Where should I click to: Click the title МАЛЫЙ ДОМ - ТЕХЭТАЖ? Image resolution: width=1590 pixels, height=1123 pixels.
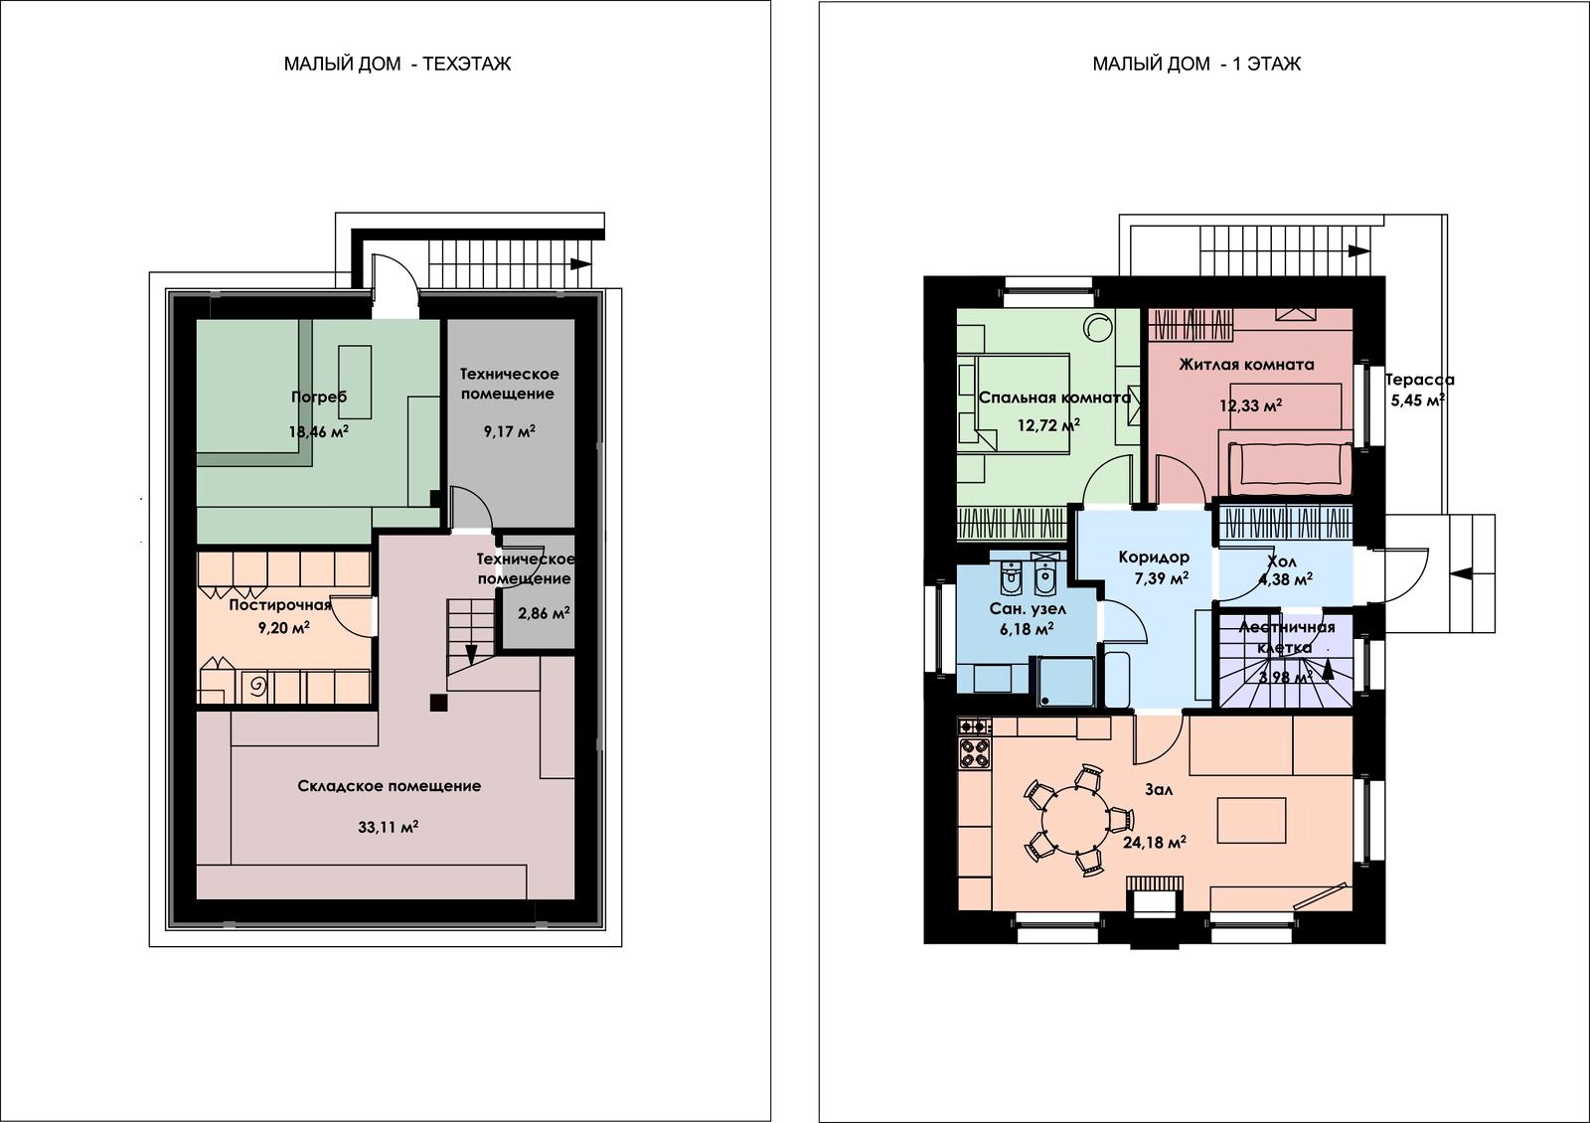(397, 64)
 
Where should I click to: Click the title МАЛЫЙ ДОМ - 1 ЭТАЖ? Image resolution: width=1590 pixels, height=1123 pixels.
(1196, 64)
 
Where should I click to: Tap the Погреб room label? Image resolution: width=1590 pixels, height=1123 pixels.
(319, 397)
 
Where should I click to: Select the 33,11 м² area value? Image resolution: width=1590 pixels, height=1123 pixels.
(388, 826)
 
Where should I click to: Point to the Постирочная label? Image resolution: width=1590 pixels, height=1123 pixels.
(279, 605)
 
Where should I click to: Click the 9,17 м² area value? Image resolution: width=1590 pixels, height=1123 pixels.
(509, 431)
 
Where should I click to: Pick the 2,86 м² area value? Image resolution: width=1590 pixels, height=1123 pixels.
(543, 612)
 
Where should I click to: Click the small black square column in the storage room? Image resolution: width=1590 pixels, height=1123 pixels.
(438, 702)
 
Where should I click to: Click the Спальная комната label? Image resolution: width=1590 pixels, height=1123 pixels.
(1054, 398)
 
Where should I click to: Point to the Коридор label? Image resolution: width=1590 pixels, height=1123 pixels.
(1154, 558)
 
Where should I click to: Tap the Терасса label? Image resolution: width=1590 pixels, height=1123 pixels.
(1420, 380)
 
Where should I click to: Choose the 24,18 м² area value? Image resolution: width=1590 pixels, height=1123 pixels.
(1154, 843)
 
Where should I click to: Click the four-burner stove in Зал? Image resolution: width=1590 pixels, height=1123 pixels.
(975, 754)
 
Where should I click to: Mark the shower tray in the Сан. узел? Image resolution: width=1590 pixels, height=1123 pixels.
(1066, 682)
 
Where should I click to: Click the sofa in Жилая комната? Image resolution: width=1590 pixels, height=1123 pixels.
(1291, 468)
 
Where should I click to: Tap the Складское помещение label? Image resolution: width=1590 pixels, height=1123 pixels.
(389, 786)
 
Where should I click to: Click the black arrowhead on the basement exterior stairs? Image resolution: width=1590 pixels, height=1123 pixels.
(580, 264)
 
